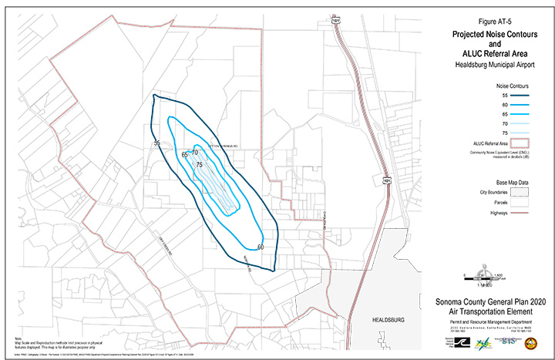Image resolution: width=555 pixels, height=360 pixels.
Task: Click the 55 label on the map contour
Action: [x=156, y=143]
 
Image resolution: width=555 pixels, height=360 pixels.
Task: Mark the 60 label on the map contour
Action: [x=261, y=247]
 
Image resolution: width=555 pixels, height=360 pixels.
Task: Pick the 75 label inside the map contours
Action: [x=200, y=165]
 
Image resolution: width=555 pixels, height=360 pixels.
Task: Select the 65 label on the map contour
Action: [x=185, y=156]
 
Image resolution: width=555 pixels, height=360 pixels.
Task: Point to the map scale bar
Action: [x=483, y=275]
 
